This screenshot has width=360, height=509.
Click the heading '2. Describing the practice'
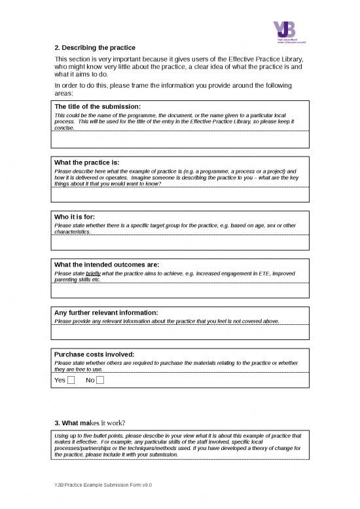[95, 48]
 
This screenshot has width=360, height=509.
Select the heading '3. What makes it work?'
[89, 421]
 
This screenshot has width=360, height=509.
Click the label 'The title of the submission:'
[98, 106]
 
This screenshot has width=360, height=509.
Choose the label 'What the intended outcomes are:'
[107, 265]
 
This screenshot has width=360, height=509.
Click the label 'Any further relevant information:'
[107, 312]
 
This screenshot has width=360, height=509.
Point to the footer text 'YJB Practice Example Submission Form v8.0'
[103, 485]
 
